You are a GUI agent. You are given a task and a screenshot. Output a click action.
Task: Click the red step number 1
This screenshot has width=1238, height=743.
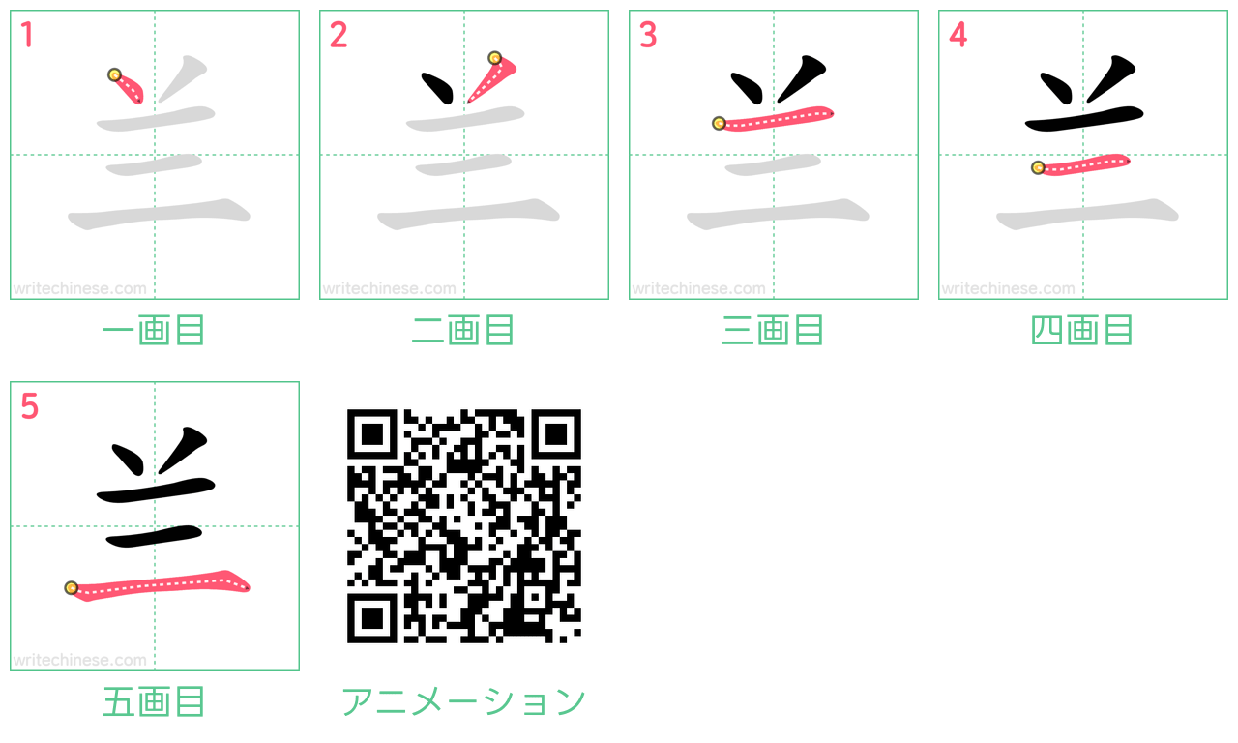pyautogui.click(x=27, y=35)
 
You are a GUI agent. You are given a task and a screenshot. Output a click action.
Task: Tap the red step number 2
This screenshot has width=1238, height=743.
pyautogui.click(x=339, y=35)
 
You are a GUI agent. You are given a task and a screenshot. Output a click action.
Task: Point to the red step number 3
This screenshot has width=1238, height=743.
pyautogui.click(x=648, y=35)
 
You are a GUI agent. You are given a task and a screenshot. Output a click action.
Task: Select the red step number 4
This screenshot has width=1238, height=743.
pyautogui.click(x=958, y=35)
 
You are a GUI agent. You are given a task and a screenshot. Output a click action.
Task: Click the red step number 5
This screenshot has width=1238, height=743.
pyautogui.click(x=29, y=406)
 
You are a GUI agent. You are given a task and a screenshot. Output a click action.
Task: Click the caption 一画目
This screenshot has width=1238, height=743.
pyautogui.click(x=154, y=330)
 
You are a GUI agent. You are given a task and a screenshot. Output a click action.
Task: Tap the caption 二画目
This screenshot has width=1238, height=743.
pyautogui.click(x=463, y=330)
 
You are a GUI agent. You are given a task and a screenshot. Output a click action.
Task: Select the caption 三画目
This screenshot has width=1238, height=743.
pyautogui.click(x=773, y=330)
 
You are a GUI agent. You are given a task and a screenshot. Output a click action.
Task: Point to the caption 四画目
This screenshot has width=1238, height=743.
pyautogui.click(x=1082, y=330)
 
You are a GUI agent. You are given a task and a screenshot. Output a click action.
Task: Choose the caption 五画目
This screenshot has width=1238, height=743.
pyautogui.click(x=154, y=701)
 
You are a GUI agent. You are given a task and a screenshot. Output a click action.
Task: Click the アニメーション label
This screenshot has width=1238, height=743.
pyautogui.click(x=463, y=701)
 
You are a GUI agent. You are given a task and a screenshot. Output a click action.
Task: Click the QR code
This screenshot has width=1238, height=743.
pyautogui.click(x=463, y=525)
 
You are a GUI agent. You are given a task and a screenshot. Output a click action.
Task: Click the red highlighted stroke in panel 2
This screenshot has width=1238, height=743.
pyautogui.click(x=492, y=79)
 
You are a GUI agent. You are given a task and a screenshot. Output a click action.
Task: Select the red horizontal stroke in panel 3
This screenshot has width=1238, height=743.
pyautogui.click(x=774, y=118)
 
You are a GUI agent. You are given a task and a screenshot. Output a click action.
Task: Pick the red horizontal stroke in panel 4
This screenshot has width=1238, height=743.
pyautogui.click(x=1081, y=164)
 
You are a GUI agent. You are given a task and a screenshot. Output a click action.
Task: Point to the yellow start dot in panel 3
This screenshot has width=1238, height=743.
pyautogui.click(x=719, y=123)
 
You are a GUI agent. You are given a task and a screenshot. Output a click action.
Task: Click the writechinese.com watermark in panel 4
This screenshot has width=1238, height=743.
pyautogui.click(x=1008, y=288)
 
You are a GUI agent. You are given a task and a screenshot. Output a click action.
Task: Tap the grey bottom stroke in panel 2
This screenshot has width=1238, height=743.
pyautogui.click(x=469, y=214)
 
